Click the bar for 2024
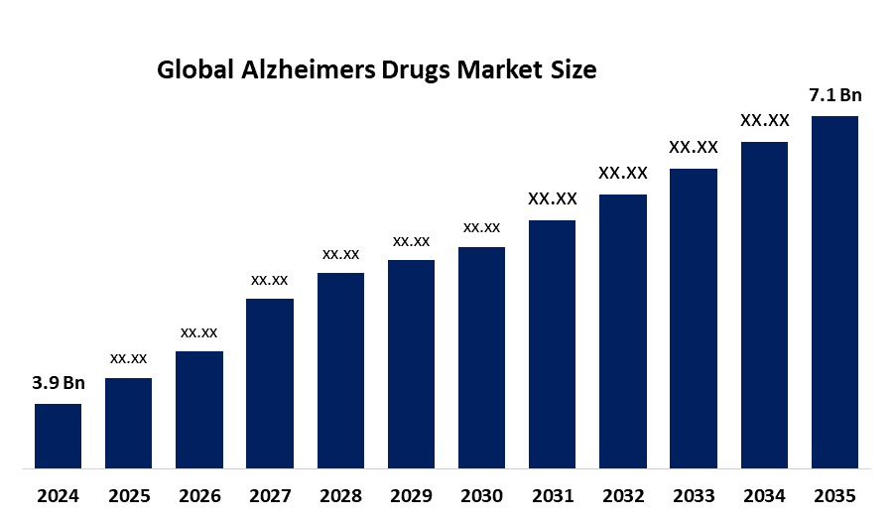point(58,435)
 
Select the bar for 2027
point(270,382)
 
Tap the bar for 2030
point(481,356)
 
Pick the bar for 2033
point(694,318)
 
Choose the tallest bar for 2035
point(834,291)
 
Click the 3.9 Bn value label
point(58,384)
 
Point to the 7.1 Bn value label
point(834,95)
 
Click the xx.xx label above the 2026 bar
point(198,332)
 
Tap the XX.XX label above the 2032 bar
point(623,174)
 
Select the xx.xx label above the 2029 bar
point(411,241)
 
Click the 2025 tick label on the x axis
point(128,495)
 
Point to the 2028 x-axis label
point(340,495)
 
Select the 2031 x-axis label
point(553,495)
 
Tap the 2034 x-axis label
point(764,495)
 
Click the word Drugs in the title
point(412,70)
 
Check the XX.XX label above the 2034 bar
point(764,121)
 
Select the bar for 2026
point(198,409)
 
